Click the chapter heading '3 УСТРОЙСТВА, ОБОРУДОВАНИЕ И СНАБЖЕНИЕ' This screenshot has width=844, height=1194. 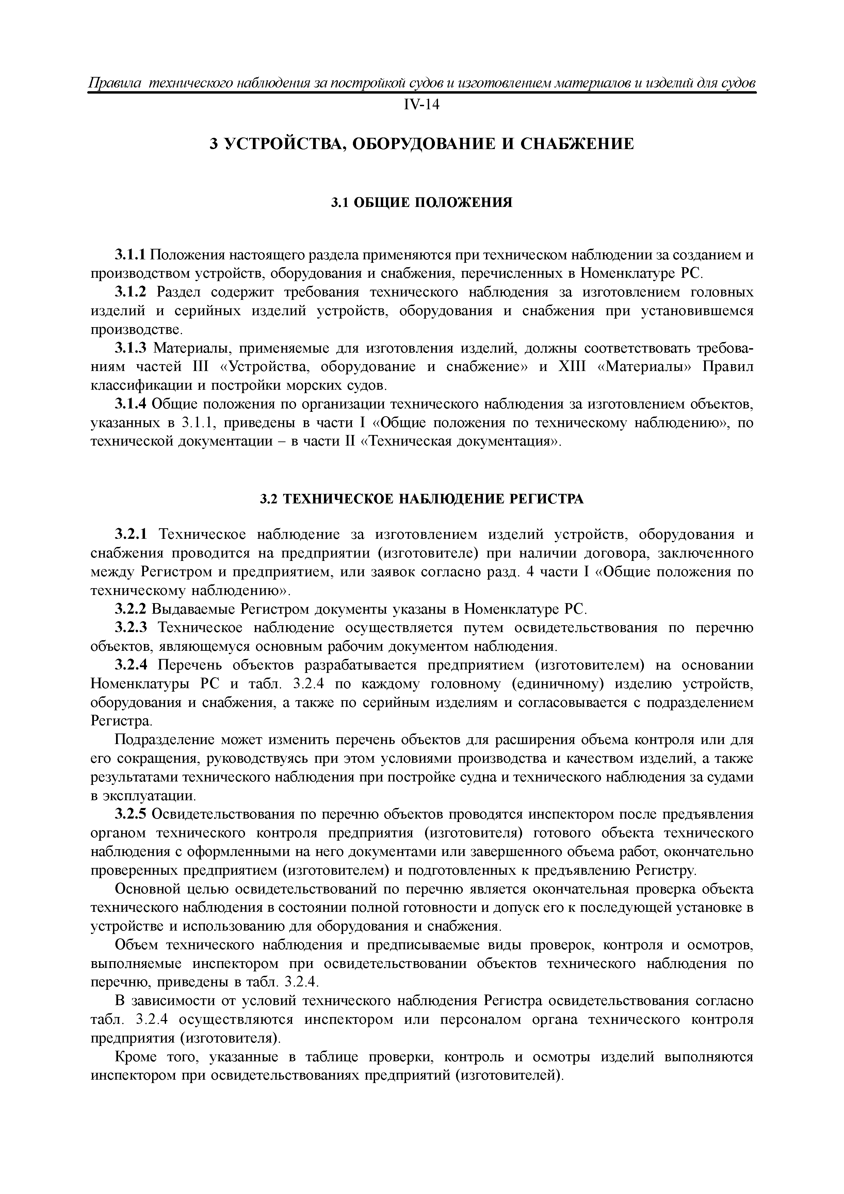click(x=421, y=144)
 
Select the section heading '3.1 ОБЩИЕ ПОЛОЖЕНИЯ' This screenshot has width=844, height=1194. click(x=421, y=202)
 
